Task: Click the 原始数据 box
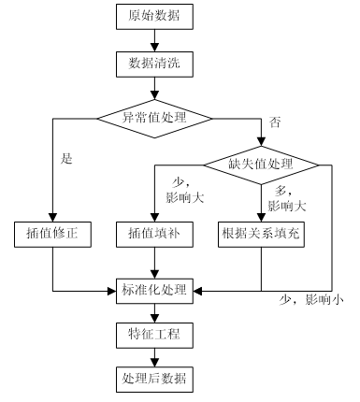tap(154, 16)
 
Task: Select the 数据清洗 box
tap(154, 65)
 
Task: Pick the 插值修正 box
tap(53, 233)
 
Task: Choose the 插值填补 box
tap(154, 233)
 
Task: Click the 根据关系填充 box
tap(261, 233)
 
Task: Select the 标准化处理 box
tap(154, 289)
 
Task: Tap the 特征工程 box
tap(154, 334)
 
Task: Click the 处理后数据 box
tap(154, 379)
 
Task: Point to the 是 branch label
tap(66, 159)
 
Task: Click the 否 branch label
tap(274, 122)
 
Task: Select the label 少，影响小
tap(311, 300)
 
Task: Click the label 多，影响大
tap(284, 196)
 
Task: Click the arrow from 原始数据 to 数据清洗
tap(154, 40)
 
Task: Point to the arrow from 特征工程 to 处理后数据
tap(154, 356)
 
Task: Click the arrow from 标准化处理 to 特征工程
tap(154, 311)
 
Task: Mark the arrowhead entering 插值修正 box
tap(53, 216)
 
